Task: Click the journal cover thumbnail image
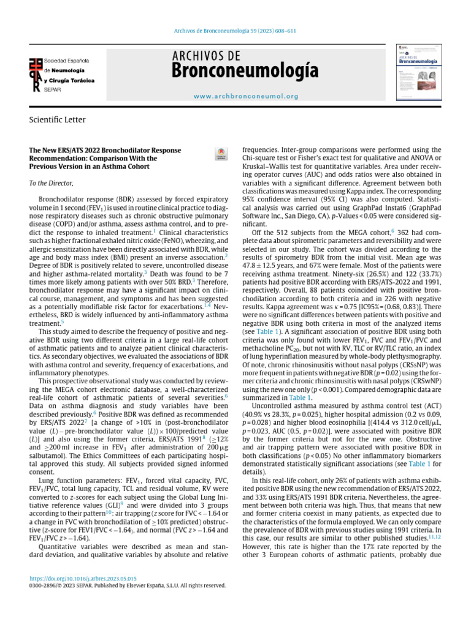[x=419, y=71]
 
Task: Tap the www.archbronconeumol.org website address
[x=246, y=96]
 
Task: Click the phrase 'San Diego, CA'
[x=327, y=216]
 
